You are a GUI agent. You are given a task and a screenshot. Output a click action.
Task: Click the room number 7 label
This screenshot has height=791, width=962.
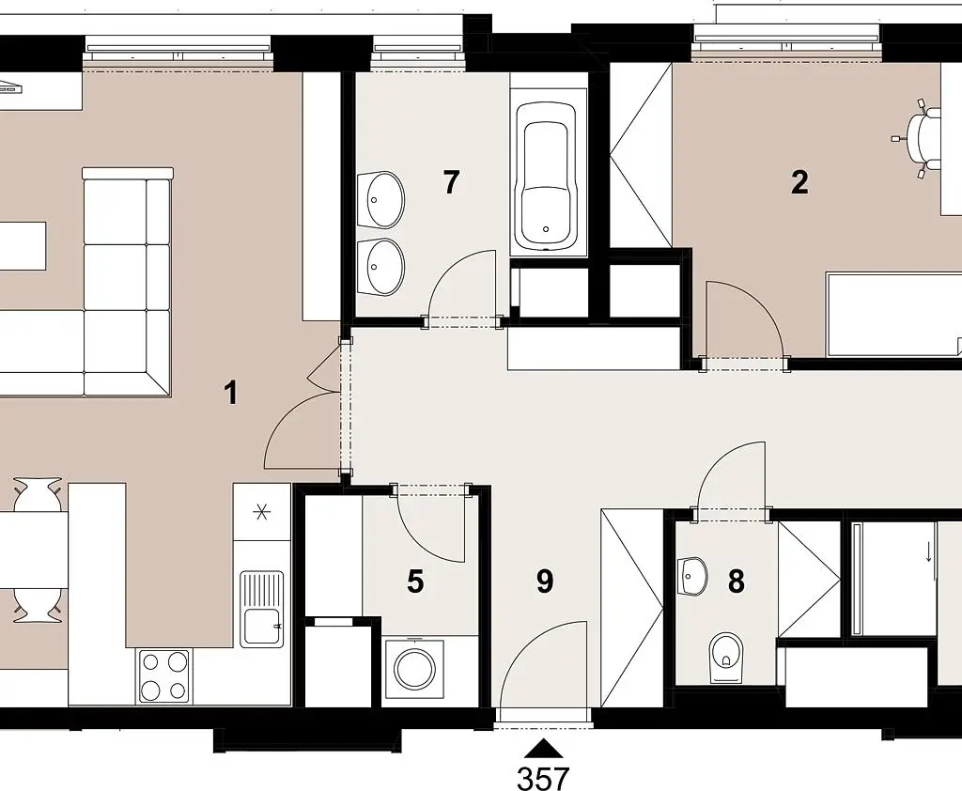click(451, 182)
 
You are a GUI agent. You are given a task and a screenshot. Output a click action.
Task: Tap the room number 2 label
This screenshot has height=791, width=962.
click(799, 182)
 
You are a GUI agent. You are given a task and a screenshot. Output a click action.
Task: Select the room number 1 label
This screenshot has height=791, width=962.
click(231, 393)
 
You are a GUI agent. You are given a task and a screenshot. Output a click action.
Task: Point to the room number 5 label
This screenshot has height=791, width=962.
click(415, 582)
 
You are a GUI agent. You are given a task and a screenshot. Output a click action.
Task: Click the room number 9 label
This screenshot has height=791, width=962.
click(545, 582)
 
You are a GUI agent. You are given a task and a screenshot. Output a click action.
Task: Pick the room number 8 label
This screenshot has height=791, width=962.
click(737, 582)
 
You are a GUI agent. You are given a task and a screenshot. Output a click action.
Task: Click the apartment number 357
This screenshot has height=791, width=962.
click(543, 779)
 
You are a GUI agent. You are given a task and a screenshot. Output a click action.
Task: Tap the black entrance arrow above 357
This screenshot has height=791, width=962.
click(543, 748)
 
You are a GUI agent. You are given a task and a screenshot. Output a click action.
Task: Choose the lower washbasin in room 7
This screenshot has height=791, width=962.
click(382, 267)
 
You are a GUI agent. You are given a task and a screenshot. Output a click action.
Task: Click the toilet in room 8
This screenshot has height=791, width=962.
click(726, 658)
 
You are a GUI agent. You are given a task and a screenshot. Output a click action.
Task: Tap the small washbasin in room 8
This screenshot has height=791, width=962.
click(693, 576)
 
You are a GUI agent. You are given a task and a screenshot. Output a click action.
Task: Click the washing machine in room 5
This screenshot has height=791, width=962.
click(414, 670)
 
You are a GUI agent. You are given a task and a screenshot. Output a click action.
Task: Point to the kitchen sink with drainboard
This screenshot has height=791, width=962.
click(262, 609)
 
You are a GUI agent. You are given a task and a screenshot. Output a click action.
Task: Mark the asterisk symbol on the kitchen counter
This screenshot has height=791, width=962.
click(262, 511)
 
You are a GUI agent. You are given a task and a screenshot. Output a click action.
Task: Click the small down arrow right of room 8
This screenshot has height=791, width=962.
click(929, 552)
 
